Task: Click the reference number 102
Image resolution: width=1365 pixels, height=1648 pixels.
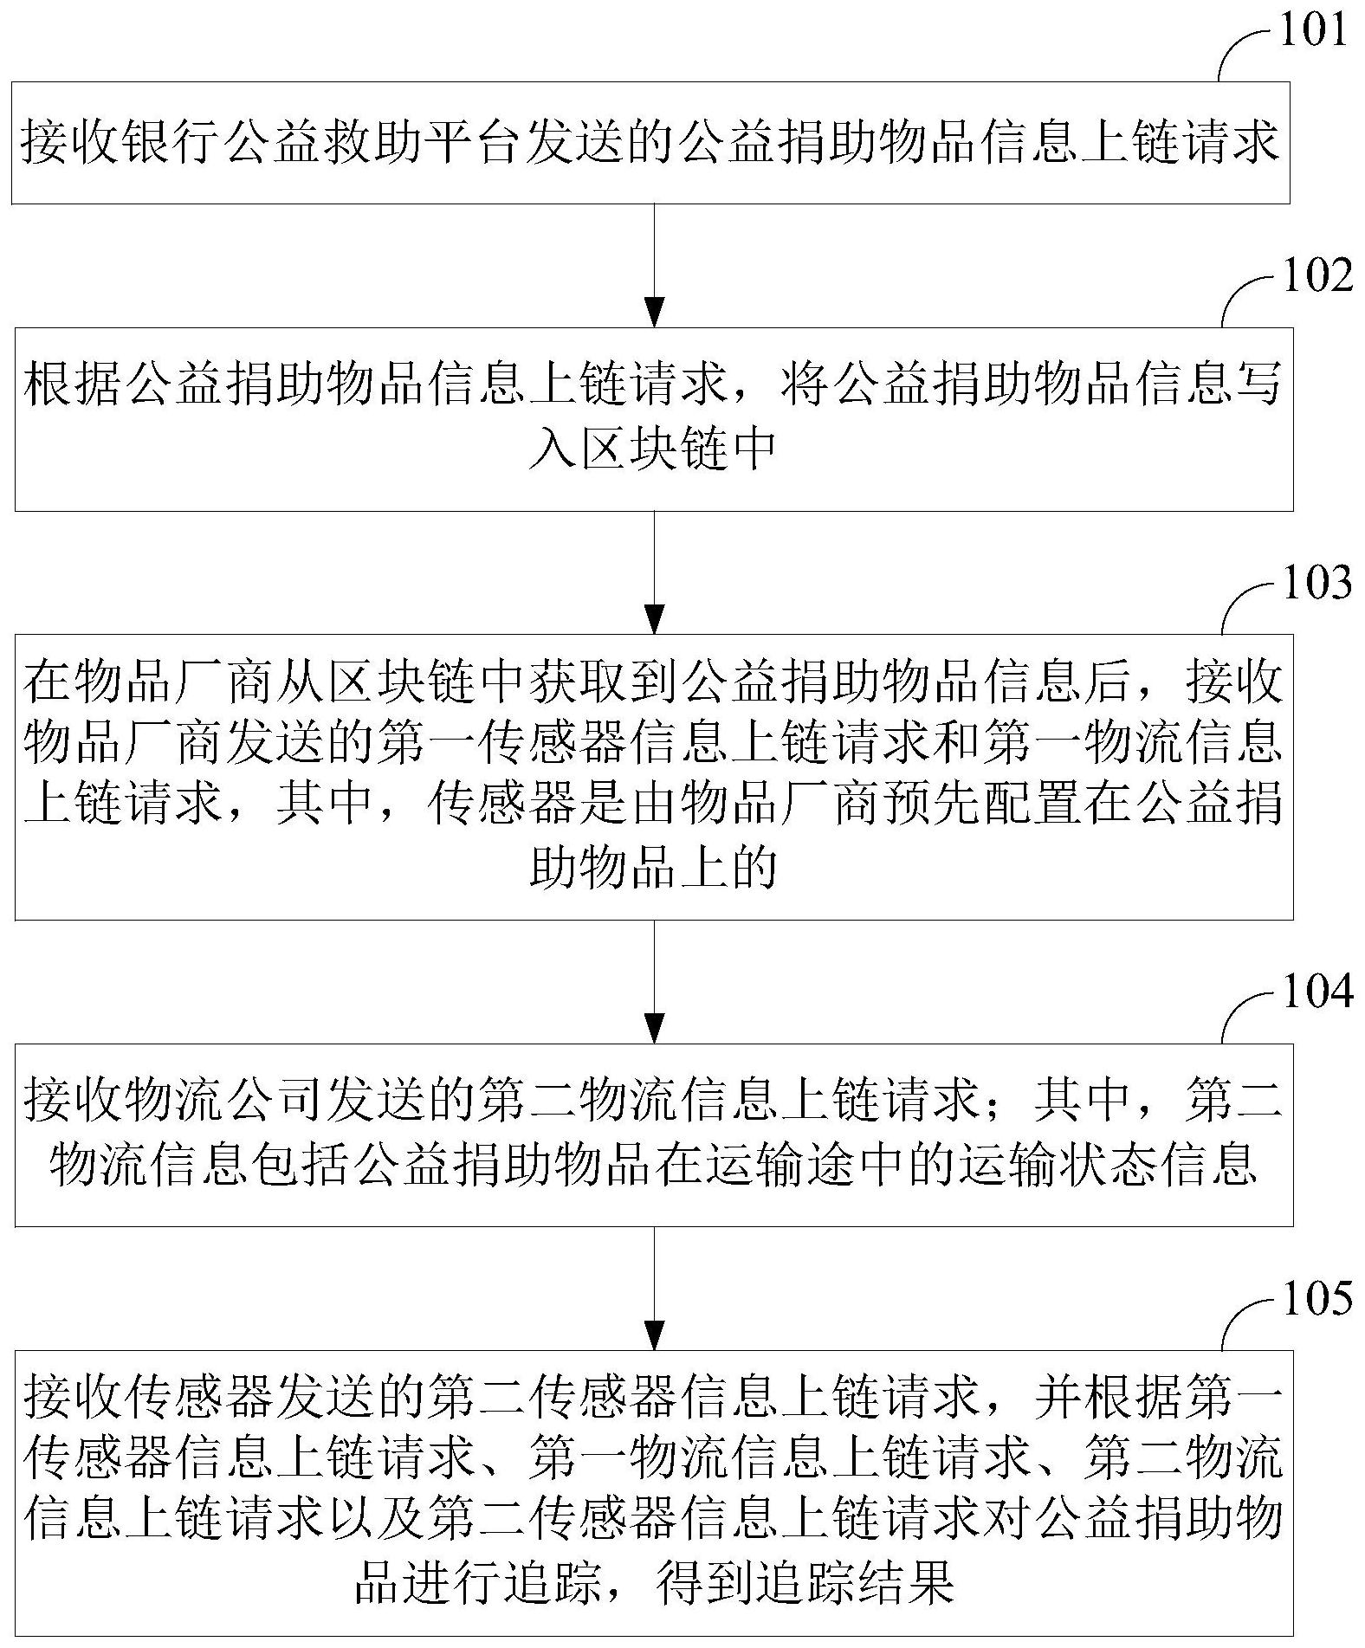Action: pos(1316,275)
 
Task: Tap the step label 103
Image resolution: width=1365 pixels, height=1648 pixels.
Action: pos(1316,582)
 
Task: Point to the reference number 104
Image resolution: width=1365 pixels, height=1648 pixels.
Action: pos(1316,992)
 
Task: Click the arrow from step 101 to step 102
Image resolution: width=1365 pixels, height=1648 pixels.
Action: pos(655,266)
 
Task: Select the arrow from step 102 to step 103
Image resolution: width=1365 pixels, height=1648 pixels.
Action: pos(655,572)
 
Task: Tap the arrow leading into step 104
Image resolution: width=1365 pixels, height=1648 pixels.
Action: pos(655,982)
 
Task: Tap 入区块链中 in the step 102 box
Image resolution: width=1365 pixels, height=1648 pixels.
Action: pos(653,449)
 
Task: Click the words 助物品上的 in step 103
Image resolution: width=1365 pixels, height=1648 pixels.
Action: pos(653,866)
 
